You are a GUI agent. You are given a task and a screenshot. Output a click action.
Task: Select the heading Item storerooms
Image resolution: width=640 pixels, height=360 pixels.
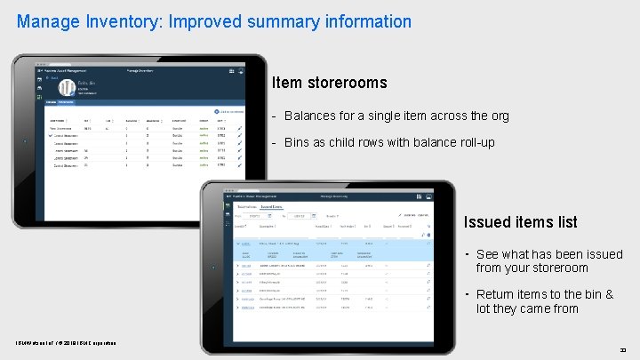coord(329,83)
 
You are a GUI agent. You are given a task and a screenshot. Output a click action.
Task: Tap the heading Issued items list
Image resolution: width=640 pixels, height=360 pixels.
coord(520,222)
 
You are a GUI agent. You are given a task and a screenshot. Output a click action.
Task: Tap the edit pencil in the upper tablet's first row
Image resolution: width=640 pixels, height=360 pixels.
coord(239,129)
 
